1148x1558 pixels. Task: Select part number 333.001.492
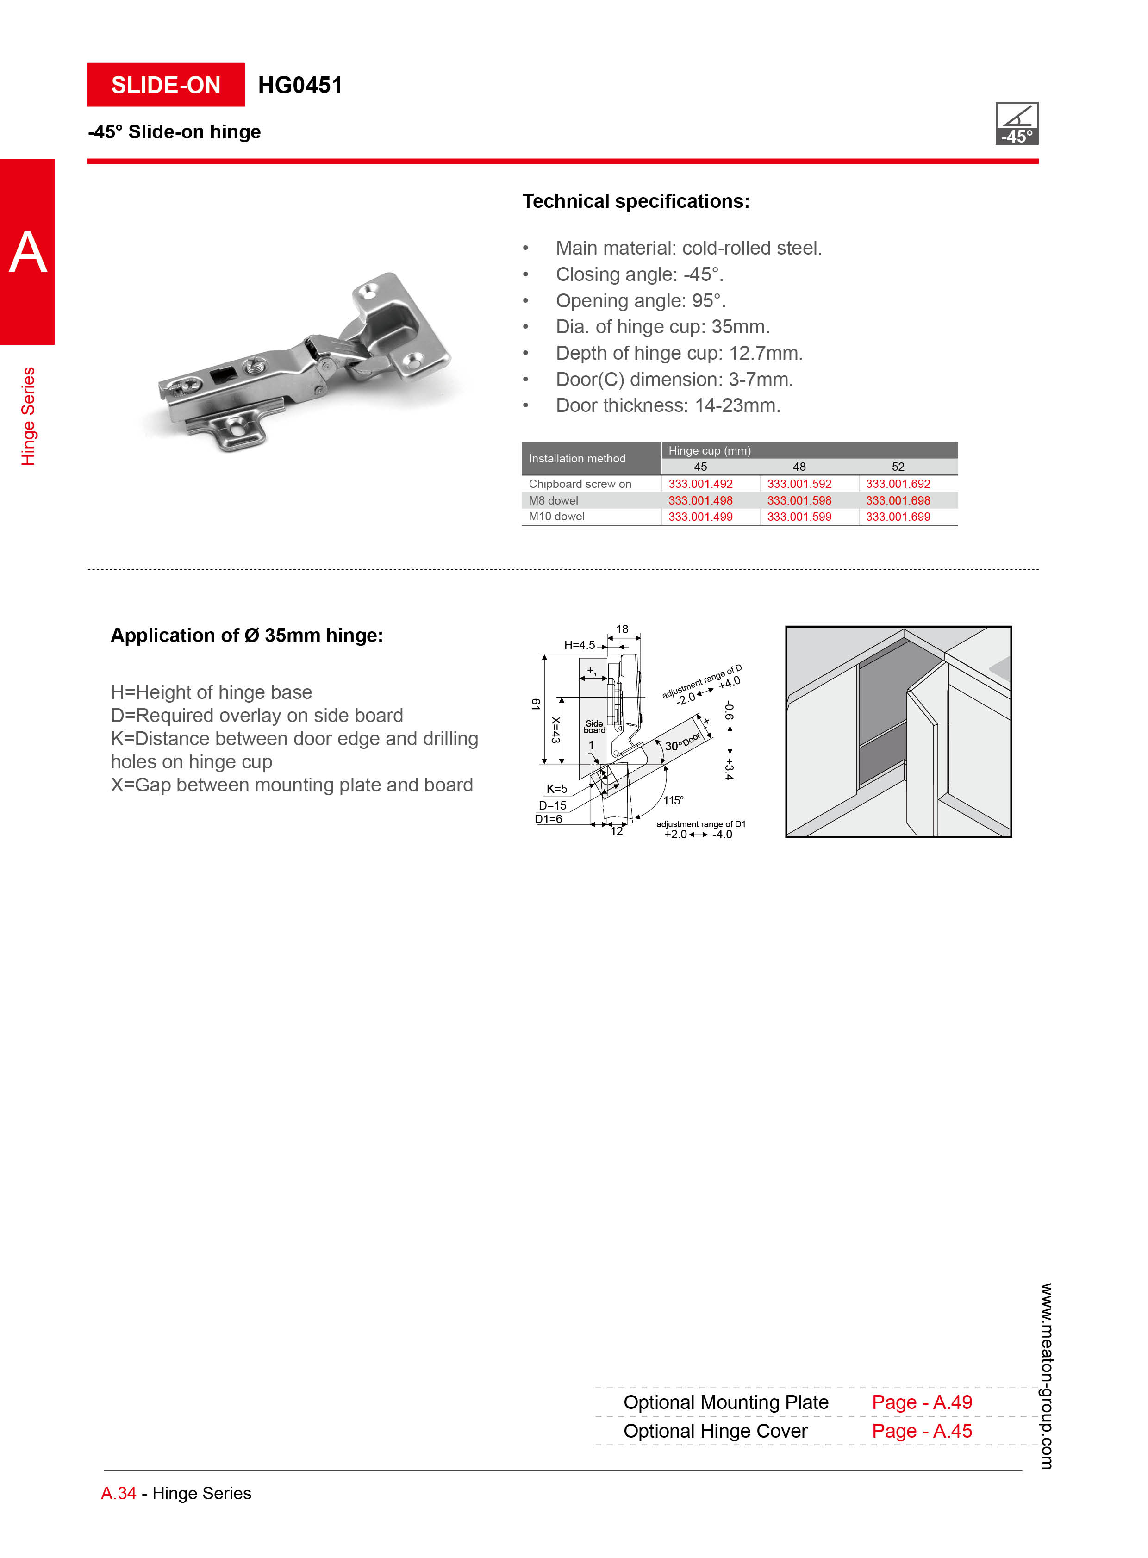pos(700,484)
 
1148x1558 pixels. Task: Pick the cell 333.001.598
pos(799,500)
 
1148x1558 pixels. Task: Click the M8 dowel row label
pos(553,500)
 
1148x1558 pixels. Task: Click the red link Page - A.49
pos(922,1402)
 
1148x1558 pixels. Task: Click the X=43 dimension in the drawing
pos(555,729)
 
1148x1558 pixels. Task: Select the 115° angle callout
pos(673,801)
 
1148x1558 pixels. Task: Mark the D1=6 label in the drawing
pos(548,819)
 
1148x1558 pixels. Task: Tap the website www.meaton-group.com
pos(1046,1376)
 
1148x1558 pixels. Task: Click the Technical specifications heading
pos(636,201)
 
